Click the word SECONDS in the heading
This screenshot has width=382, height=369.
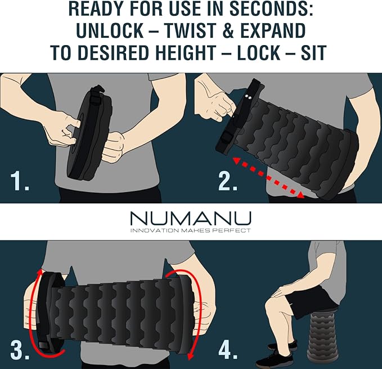pos(271,9)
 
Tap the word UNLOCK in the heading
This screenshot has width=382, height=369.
pos(110,31)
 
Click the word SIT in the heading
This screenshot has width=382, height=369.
pos(313,52)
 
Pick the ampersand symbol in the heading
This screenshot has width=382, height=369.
pos(228,31)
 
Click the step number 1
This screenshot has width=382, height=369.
pos(20,181)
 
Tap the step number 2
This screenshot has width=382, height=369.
pos(228,181)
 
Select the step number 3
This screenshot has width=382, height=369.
pos(20,350)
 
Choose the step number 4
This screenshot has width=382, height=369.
pos(228,350)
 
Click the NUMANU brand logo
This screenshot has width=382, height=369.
pos(191,218)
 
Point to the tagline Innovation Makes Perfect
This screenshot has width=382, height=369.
pos(191,230)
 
